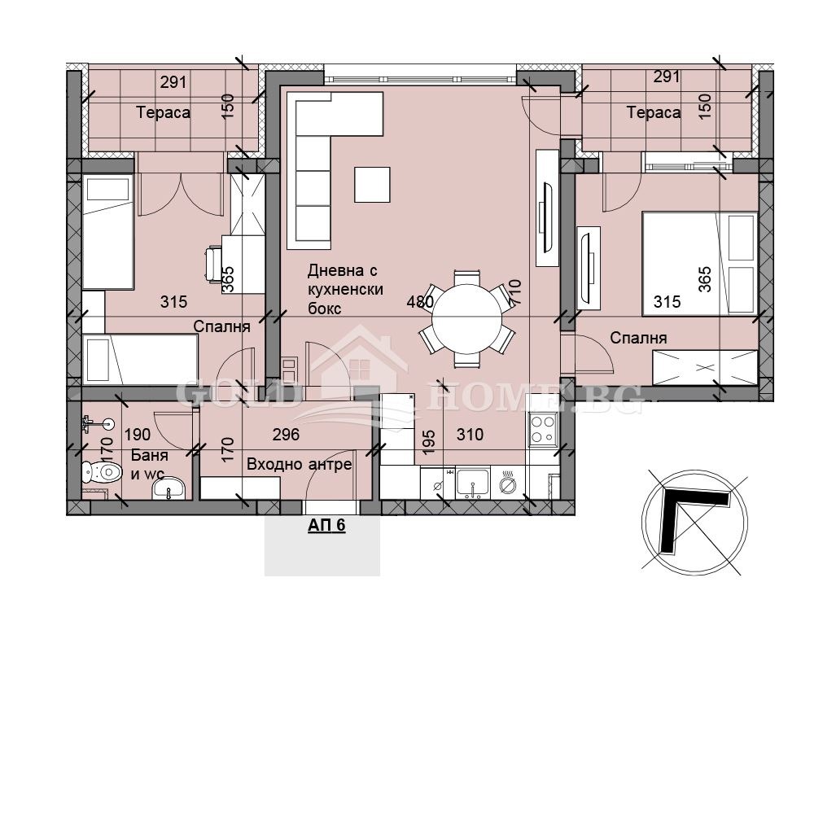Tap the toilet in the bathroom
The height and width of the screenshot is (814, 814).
(x=102, y=472)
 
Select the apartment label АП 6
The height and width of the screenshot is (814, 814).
(x=326, y=525)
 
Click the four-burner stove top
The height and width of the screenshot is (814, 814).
(x=542, y=429)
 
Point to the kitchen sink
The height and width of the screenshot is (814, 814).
(x=472, y=482)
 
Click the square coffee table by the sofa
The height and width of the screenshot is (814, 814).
(x=372, y=184)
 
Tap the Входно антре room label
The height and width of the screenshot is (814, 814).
(x=299, y=464)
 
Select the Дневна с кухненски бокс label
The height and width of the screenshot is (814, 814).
(x=345, y=289)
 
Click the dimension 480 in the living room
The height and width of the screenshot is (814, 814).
(x=420, y=302)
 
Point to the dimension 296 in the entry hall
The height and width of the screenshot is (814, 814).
(x=286, y=434)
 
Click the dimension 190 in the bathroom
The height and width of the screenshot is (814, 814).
(x=138, y=434)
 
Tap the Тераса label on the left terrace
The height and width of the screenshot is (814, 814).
(x=163, y=112)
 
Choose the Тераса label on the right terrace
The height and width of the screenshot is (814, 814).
(x=653, y=112)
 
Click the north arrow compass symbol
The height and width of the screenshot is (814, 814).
(x=694, y=522)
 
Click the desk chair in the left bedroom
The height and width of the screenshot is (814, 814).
(x=214, y=265)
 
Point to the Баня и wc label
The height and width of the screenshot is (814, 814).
(x=149, y=465)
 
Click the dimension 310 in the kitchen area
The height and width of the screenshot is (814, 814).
(x=470, y=434)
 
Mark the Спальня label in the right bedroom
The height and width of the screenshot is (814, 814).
(x=638, y=339)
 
